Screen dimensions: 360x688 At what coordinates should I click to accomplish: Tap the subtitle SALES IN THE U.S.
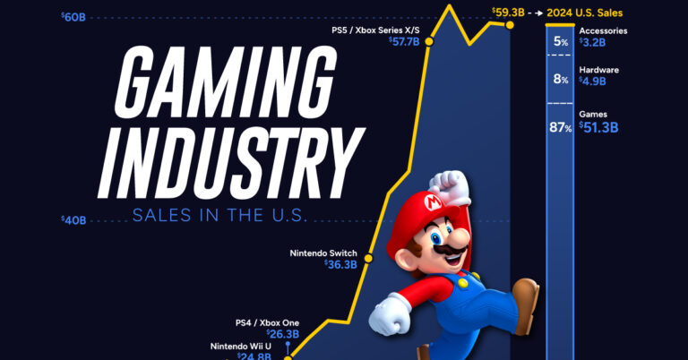pyautogui.click(x=219, y=215)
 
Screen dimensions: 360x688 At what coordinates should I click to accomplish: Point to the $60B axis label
pyautogui.click(x=74, y=17)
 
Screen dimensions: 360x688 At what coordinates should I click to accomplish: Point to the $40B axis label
pyautogui.click(x=74, y=219)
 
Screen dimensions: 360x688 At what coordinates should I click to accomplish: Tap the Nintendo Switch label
pyautogui.click(x=323, y=253)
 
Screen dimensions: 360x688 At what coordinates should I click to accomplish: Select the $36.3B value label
pyautogui.click(x=341, y=265)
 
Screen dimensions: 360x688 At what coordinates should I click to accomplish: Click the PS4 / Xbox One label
pyautogui.click(x=267, y=322)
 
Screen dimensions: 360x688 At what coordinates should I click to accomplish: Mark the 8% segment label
pyautogui.click(x=562, y=80)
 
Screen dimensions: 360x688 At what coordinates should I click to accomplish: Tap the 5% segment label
pyautogui.click(x=562, y=41)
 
